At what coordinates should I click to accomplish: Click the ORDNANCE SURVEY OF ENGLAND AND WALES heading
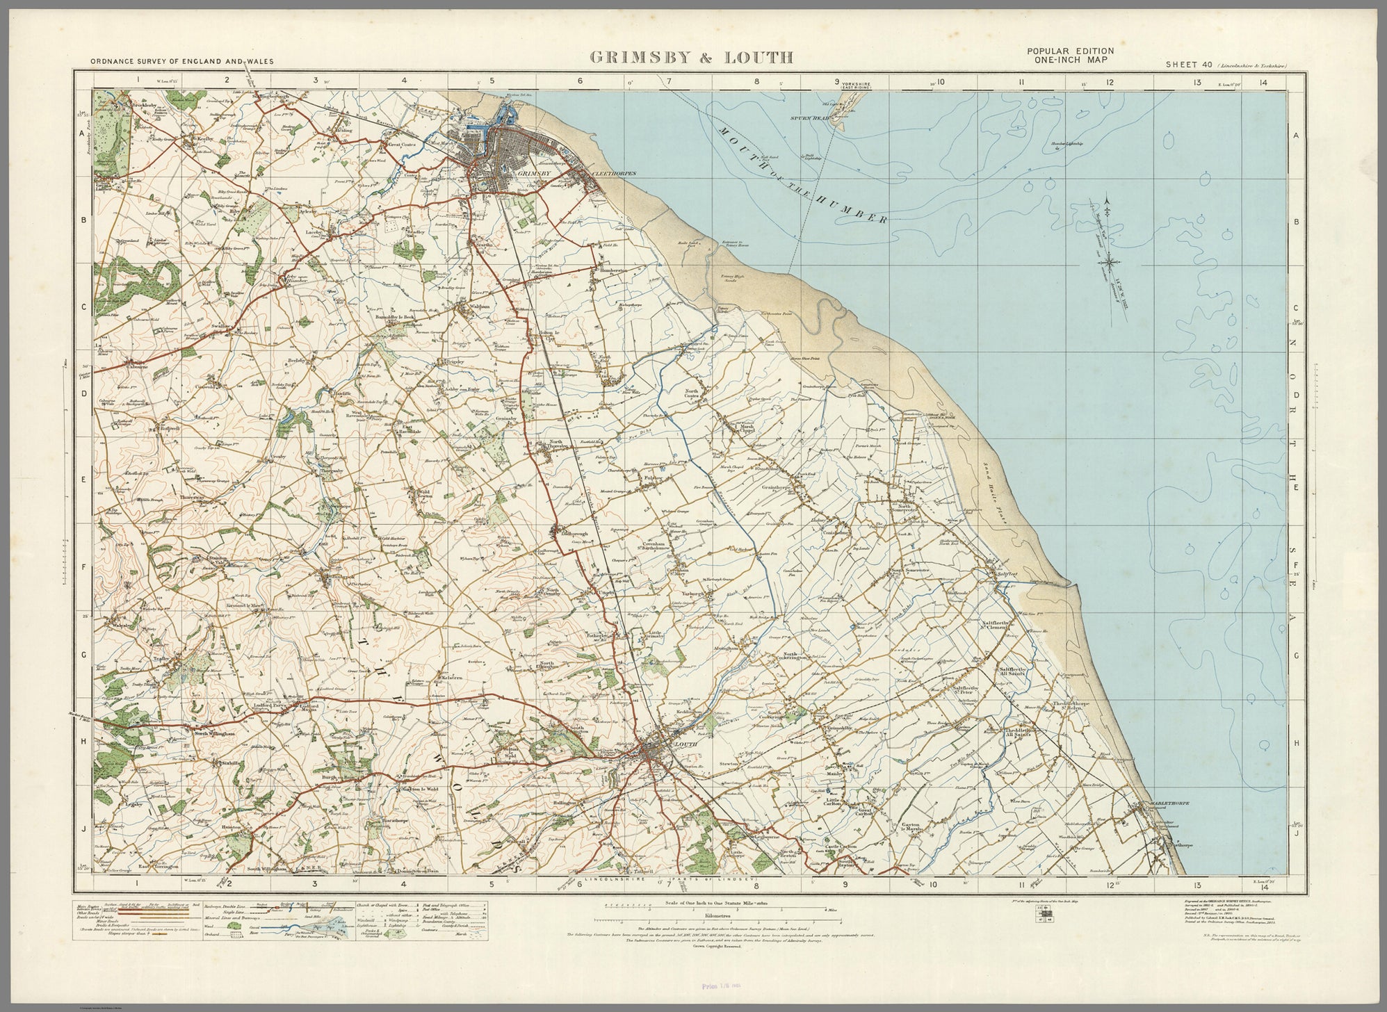182,61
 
